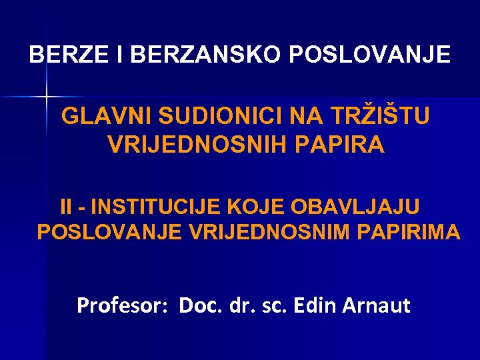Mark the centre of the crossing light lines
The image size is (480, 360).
point(47,97)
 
